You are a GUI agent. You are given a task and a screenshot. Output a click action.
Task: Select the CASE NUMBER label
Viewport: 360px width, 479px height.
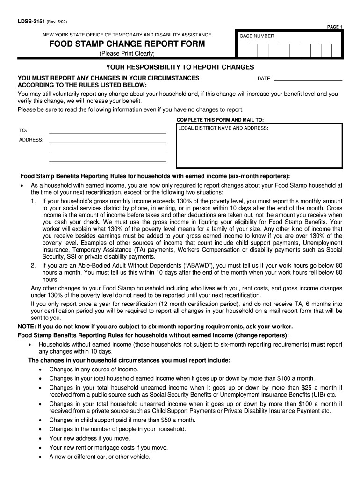pyautogui.click(x=257, y=36)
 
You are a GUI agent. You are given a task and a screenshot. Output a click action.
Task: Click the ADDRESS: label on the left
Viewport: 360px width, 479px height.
pyautogui.click(x=31, y=140)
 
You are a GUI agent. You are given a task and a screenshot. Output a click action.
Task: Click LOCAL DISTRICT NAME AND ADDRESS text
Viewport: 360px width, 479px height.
pyautogui.click(x=223, y=128)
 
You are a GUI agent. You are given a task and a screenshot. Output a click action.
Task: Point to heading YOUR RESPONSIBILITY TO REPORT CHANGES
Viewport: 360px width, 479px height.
pyautogui.click(x=180, y=67)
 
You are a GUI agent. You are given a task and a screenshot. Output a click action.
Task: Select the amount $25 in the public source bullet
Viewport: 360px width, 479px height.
pyautogui.click(x=297, y=388)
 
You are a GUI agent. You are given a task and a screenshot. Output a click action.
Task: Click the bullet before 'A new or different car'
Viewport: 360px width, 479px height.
pyautogui.click(x=41, y=457)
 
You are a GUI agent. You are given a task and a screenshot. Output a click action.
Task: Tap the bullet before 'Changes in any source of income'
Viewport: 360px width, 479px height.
pyautogui.click(x=41, y=370)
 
